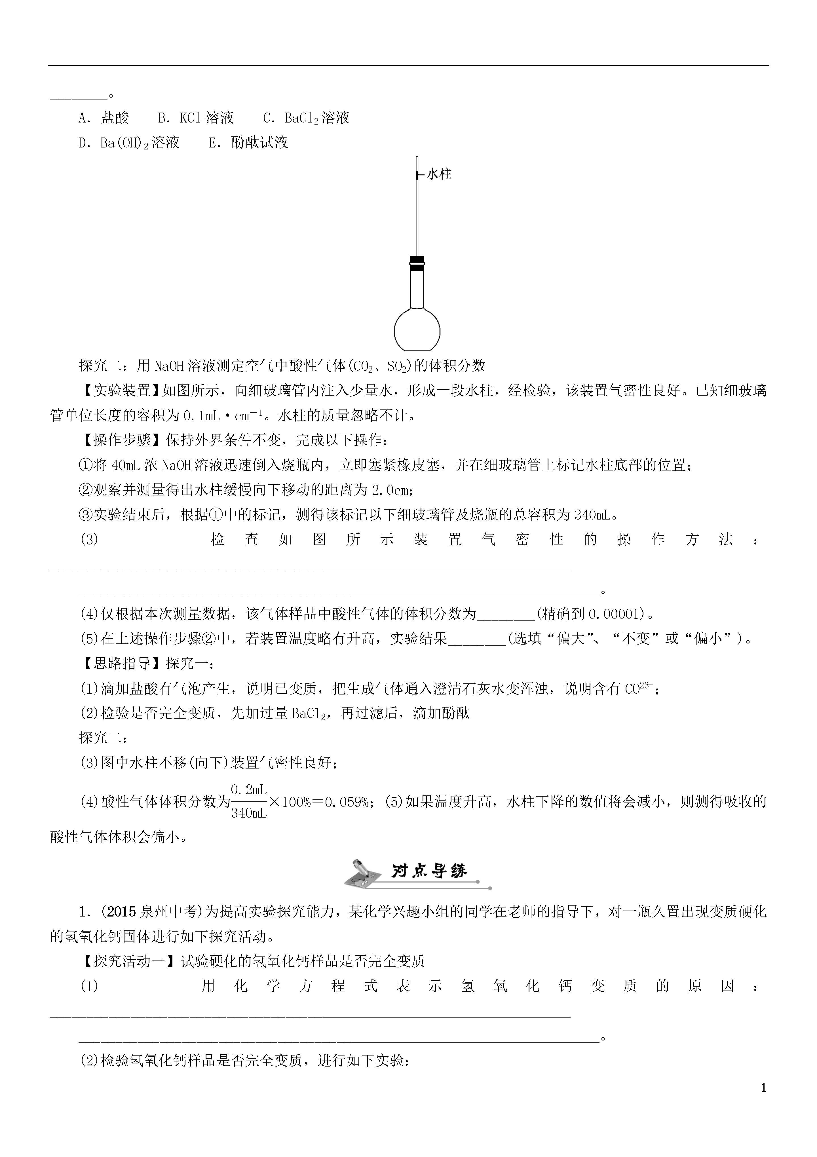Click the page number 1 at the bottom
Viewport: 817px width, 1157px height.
coord(763,1102)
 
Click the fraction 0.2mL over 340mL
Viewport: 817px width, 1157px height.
coord(248,801)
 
